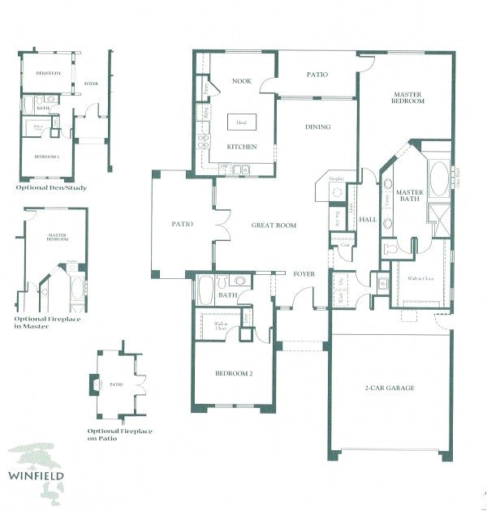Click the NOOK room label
240,81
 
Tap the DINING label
317,127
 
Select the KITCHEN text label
242,147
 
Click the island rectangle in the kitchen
241,122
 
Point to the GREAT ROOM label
274,225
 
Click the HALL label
368,219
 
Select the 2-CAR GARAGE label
390,388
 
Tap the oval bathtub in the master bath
438,179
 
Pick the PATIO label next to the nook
317,75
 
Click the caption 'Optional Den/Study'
51,187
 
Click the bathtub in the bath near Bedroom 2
205,290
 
